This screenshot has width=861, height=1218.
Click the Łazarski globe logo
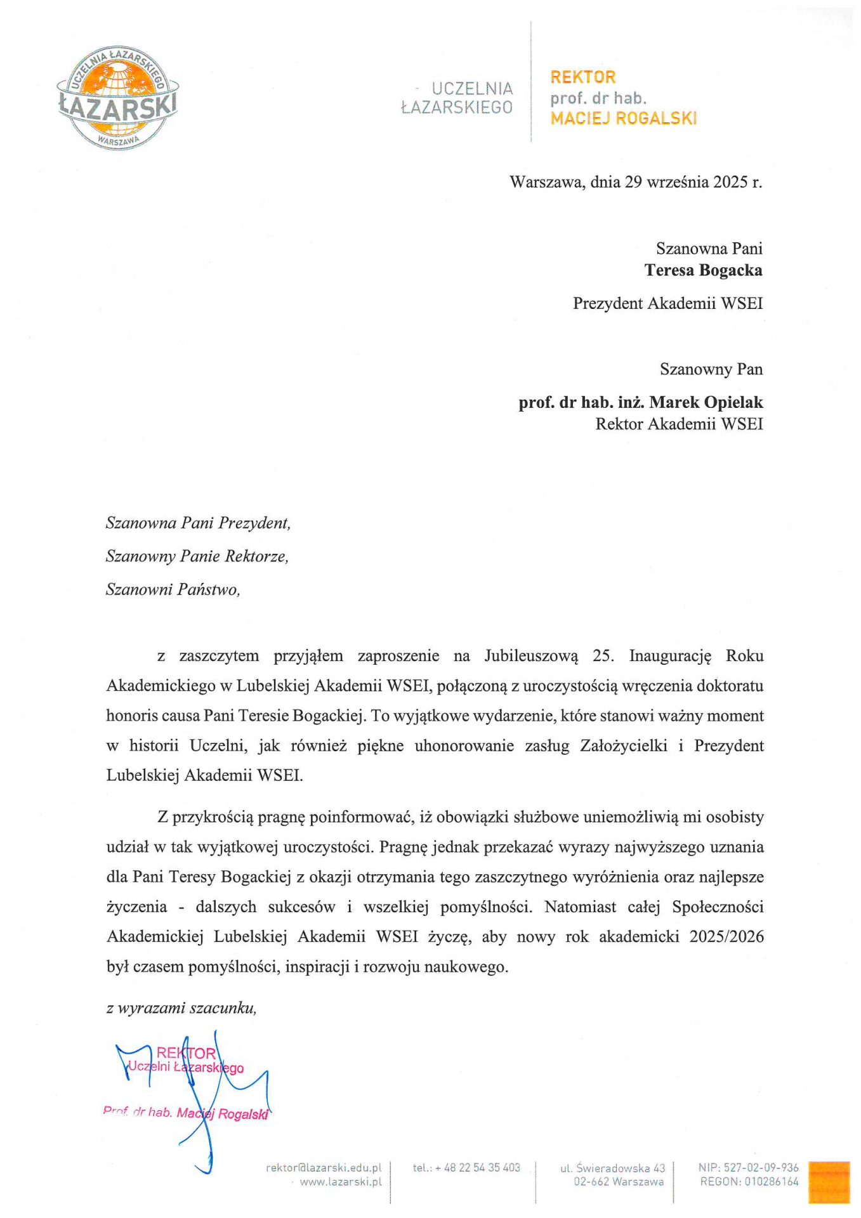coord(118,98)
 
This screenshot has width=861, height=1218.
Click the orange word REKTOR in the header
coord(582,77)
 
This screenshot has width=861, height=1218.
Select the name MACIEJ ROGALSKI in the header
coord(623,119)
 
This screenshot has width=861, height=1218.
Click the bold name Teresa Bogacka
coord(703,270)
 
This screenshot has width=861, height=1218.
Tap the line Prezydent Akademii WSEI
coord(667,303)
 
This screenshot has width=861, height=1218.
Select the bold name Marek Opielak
coord(706,402)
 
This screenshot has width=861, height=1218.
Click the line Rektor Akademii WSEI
coord(678,424)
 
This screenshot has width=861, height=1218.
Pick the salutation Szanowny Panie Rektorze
coord(197,556)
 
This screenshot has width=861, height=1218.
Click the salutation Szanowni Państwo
coord(173,589)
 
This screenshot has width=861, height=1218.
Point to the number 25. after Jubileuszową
coord(603,656)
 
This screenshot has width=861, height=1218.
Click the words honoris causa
coord(152,716)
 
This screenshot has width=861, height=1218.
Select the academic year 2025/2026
coord(726,936)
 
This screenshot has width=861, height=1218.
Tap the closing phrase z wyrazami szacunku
coord(181,1008)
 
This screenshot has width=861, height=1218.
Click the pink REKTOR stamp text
coord(186,1054)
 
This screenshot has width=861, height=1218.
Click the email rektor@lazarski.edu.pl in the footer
coord(324,1167)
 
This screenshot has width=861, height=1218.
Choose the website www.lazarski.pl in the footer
coord(341,1182)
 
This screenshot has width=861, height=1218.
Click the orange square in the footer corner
coord(829,1181)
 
